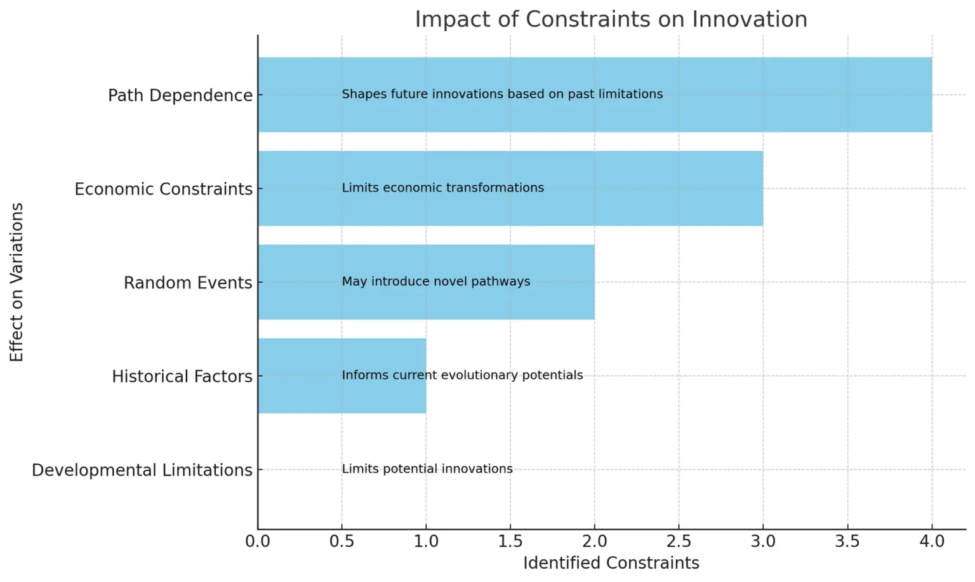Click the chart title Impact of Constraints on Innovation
pos(611,19)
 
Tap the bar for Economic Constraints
pos(635,189)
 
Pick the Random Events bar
pos(559,282)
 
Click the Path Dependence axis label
pos(180,95)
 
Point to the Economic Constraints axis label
pos(164,189)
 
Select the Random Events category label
pos(188,282)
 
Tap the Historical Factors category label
pos(182,376)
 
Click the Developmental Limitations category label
pos(142,470)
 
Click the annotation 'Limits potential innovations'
pos(427,469)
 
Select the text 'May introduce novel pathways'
pos(436,281)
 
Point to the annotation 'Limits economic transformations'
pos(443,188)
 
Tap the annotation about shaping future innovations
pos(502,94)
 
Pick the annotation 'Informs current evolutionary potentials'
pos(462,375)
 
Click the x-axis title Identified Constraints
pos(611,563)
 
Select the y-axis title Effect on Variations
pos(17,282)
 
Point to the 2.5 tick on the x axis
pos(679,541)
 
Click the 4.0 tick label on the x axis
pos(931,541)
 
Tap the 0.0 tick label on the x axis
pos(258,541)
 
